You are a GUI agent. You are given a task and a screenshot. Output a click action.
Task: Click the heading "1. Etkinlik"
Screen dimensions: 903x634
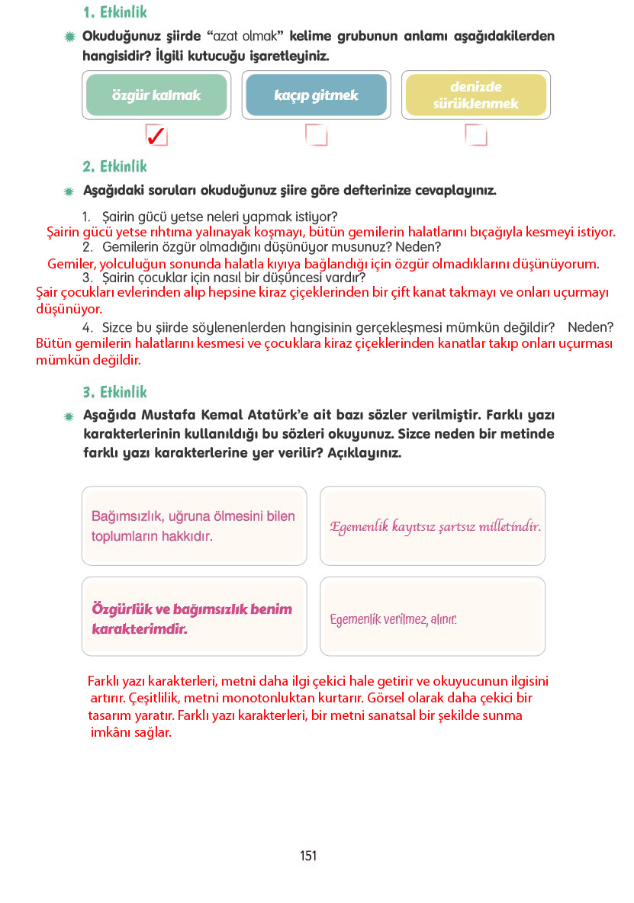coord(114,13)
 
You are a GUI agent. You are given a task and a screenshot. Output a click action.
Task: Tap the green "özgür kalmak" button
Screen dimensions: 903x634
coord(156,95)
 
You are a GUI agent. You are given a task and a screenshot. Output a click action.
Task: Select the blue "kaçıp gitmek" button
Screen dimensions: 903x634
coord(316,95)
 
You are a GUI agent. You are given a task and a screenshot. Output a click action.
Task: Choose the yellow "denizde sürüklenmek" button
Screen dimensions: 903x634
coord(475,95)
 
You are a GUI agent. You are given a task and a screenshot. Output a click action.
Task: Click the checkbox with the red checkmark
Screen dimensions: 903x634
coord(156,136)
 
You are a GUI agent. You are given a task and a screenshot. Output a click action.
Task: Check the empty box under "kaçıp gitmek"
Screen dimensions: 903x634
coord(316,136)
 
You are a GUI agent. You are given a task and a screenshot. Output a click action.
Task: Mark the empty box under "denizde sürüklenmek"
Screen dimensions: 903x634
coord(475,136)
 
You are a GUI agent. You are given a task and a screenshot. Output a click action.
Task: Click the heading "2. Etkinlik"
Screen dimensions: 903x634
coord(114,166)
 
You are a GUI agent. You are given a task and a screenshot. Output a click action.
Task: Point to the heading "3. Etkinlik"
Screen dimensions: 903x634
coord(114,392)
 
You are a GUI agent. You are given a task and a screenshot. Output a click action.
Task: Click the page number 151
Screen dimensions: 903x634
coord(308,856)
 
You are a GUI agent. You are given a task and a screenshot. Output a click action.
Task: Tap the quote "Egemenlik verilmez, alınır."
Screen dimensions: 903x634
coord(393,620)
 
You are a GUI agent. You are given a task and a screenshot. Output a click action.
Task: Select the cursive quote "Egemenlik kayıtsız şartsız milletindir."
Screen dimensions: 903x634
coord(435,527)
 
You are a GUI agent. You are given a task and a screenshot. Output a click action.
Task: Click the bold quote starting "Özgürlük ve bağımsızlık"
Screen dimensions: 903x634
coord(191,619)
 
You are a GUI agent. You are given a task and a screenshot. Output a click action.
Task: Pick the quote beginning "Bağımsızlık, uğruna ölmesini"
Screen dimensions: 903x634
coord(193,526)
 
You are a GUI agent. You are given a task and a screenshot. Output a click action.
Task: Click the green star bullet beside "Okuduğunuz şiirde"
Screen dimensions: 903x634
coord(70,37)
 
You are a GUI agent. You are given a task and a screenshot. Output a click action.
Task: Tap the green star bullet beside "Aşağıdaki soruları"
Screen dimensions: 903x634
coord(70,191)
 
